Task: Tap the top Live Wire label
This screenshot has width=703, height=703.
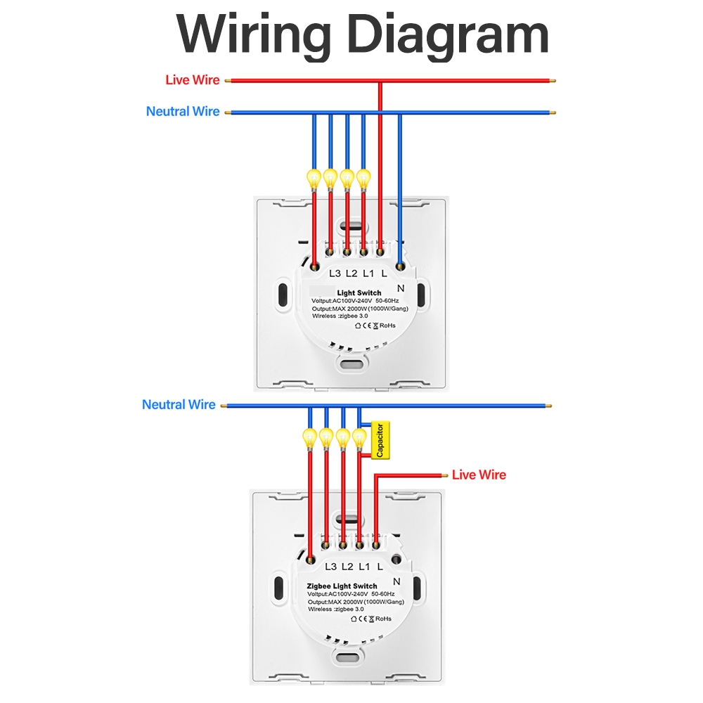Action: (192, 80)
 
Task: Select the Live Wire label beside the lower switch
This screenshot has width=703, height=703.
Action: (479, 475)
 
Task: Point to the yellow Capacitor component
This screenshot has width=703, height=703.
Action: (380, 441)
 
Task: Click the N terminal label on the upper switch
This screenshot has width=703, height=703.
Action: (401, 288)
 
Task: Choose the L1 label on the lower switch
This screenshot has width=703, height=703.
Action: (364, 567)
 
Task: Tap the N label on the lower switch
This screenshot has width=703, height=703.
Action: (396, 581)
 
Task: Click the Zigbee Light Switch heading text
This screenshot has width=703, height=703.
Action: (342, 586)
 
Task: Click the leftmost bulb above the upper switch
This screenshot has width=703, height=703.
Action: (314, 178)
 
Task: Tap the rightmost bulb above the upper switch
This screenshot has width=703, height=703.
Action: (363, 178)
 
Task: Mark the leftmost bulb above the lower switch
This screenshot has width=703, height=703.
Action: (309, 437)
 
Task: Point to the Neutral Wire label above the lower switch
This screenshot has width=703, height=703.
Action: (179, 405)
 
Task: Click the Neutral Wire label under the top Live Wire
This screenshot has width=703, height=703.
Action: (183, 112)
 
